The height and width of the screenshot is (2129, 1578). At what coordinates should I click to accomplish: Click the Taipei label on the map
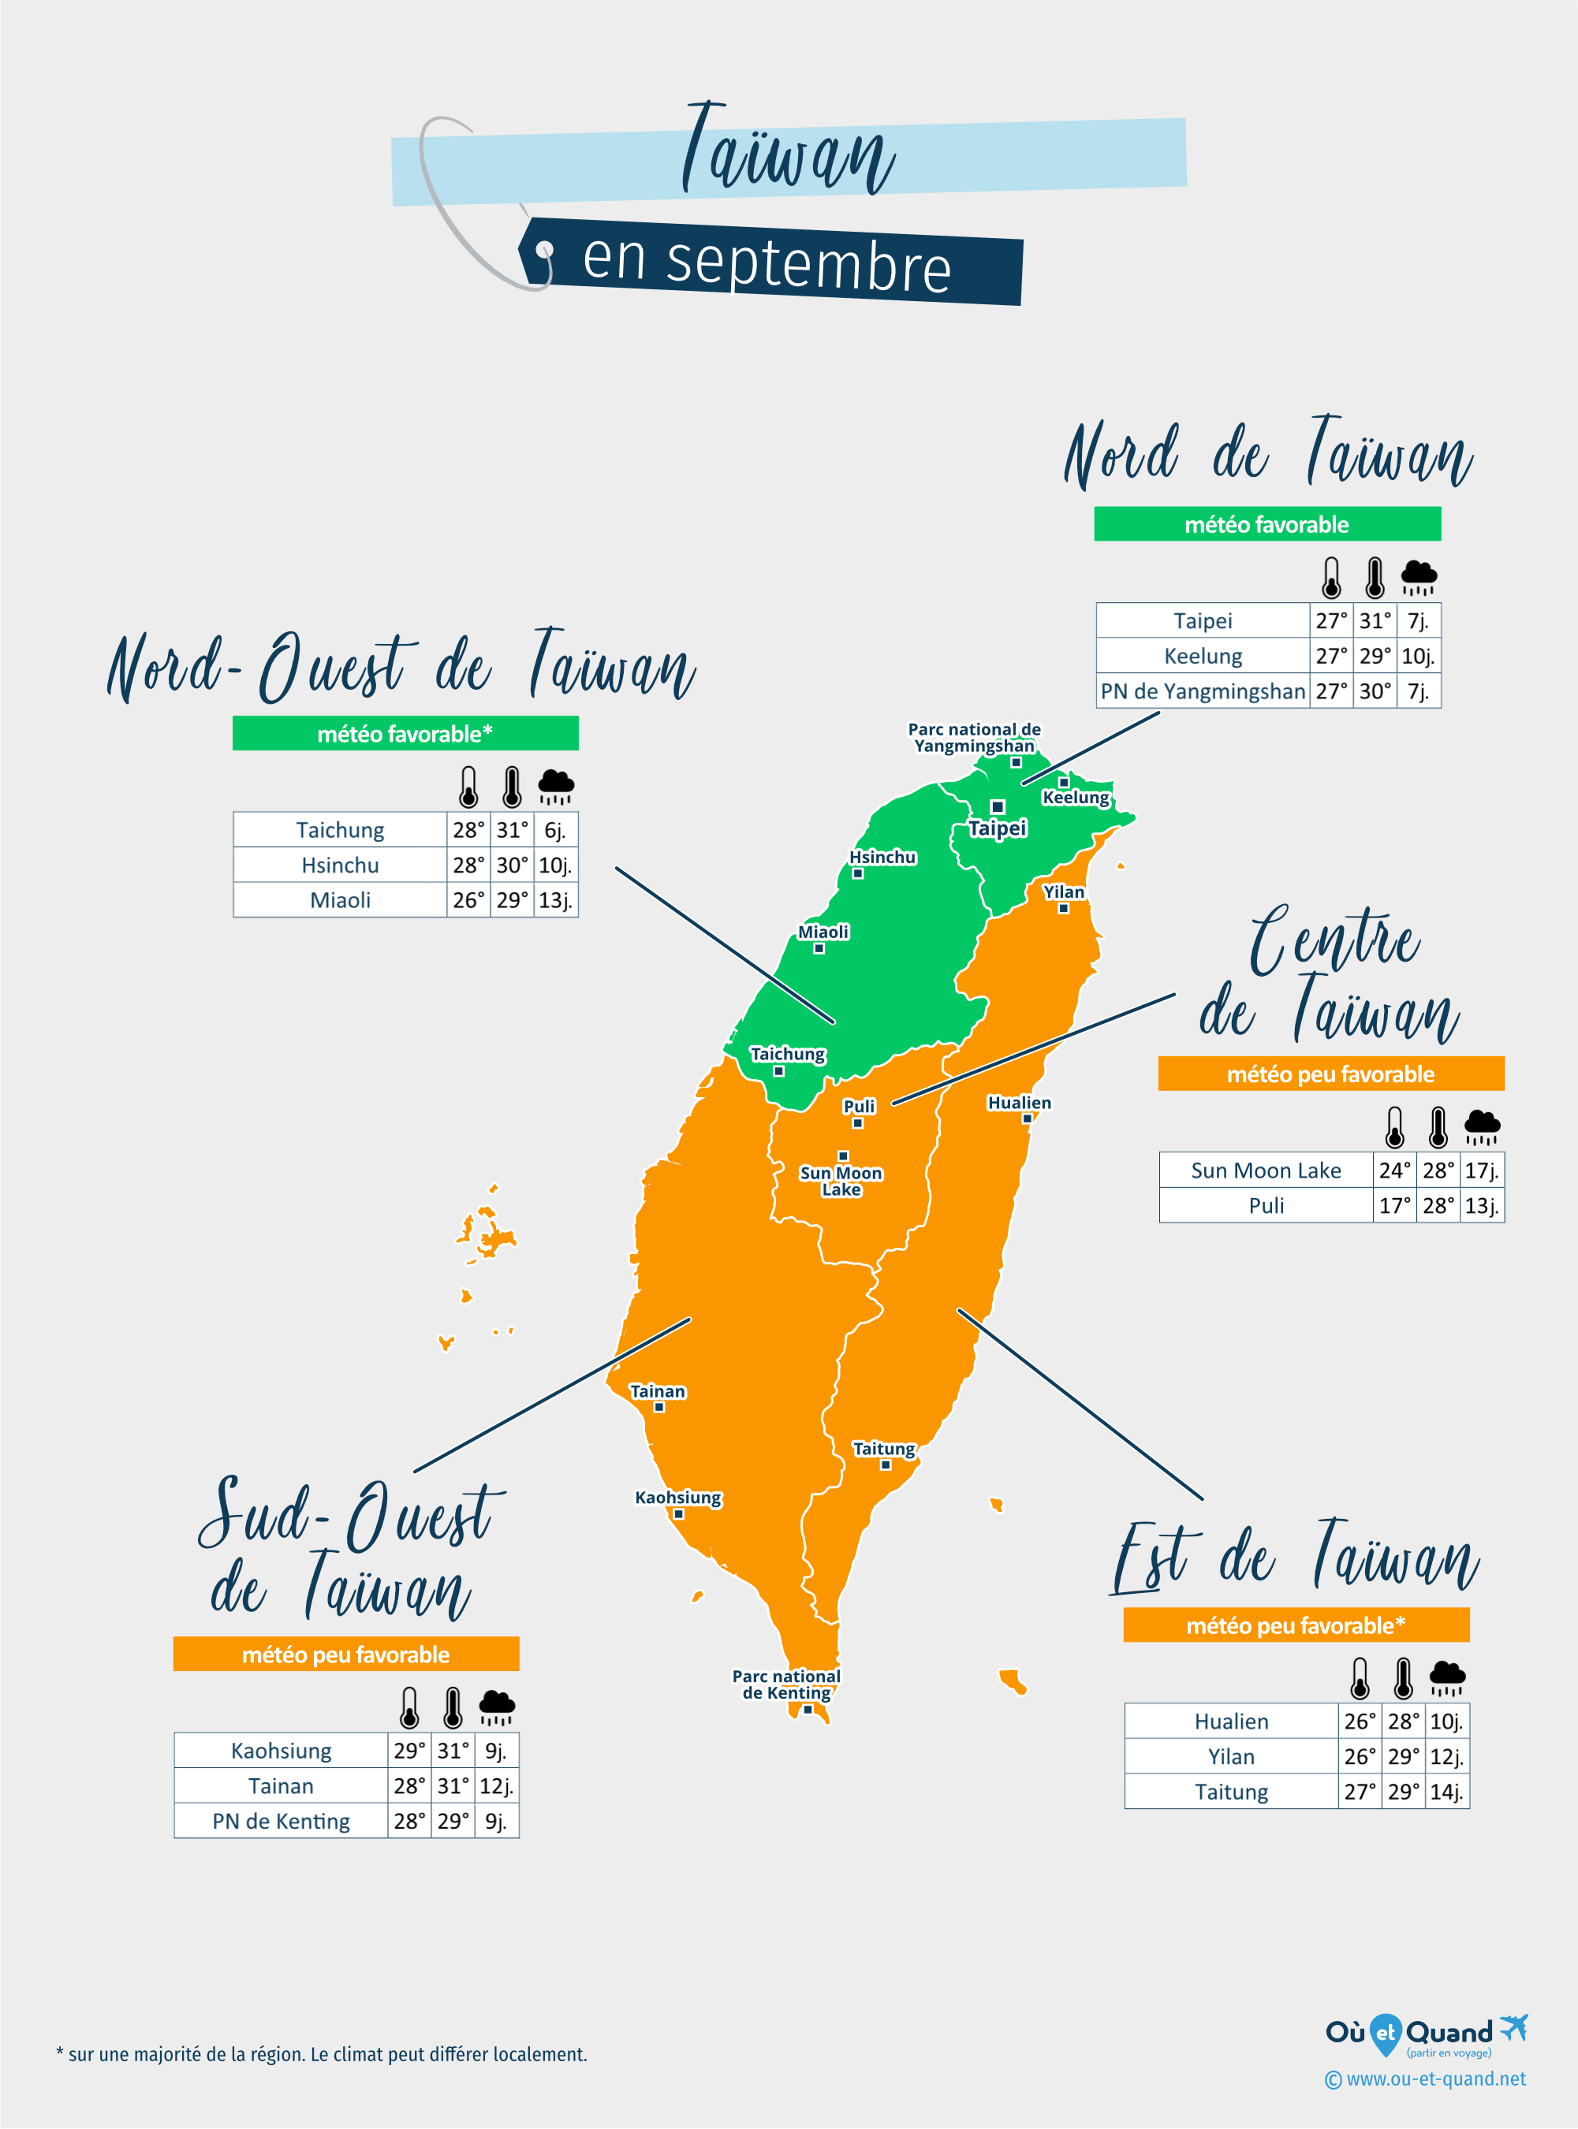point(998,828)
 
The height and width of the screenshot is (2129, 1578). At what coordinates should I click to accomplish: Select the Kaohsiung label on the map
point(678,1497)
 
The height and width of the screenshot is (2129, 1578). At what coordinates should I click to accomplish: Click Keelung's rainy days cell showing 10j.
point(1418,656)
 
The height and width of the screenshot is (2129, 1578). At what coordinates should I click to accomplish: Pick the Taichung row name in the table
point(340,830)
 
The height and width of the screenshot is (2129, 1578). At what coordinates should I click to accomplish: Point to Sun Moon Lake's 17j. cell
point(1482,1171)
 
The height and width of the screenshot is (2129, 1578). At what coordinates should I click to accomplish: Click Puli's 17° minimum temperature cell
point(1394,1206)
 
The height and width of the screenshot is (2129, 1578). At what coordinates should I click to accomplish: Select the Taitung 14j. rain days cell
point(1446,1792)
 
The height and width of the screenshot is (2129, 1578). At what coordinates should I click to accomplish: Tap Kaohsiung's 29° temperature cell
point(408,1751)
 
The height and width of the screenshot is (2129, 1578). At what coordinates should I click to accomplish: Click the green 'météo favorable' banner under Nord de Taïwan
point(1267,524)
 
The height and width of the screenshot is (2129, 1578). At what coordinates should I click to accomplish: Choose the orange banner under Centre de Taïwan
point(1330,1074)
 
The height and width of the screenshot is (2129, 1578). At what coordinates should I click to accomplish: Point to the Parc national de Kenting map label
point(786,1684)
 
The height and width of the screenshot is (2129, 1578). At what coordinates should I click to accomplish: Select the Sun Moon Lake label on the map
point(841,1181)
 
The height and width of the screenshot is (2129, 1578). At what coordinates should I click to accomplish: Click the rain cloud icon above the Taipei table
point(1419,577)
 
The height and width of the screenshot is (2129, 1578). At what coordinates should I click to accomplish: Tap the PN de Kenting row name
point(281,1822)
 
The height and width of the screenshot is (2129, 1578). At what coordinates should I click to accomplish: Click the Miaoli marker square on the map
point(819,949)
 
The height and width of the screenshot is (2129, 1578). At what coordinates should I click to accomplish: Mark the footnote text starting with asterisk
point(322,2053)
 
